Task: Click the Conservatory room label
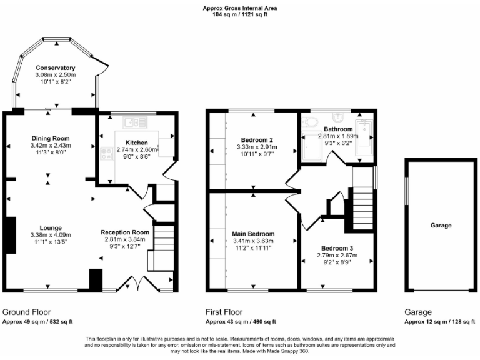[x=55, y=67]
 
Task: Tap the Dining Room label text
[x=51, y=138]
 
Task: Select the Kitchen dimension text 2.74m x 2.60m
[x=137, y=150]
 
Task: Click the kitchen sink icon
[x=134, y=121]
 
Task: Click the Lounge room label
[x=51, y=227]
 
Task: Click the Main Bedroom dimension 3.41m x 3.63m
[x=253, y=241]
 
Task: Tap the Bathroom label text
[x=337, y=129]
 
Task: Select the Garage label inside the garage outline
[x=440, y=226]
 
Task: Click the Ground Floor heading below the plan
[x=27, y=312]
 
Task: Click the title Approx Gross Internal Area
[x=240, y=8]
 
